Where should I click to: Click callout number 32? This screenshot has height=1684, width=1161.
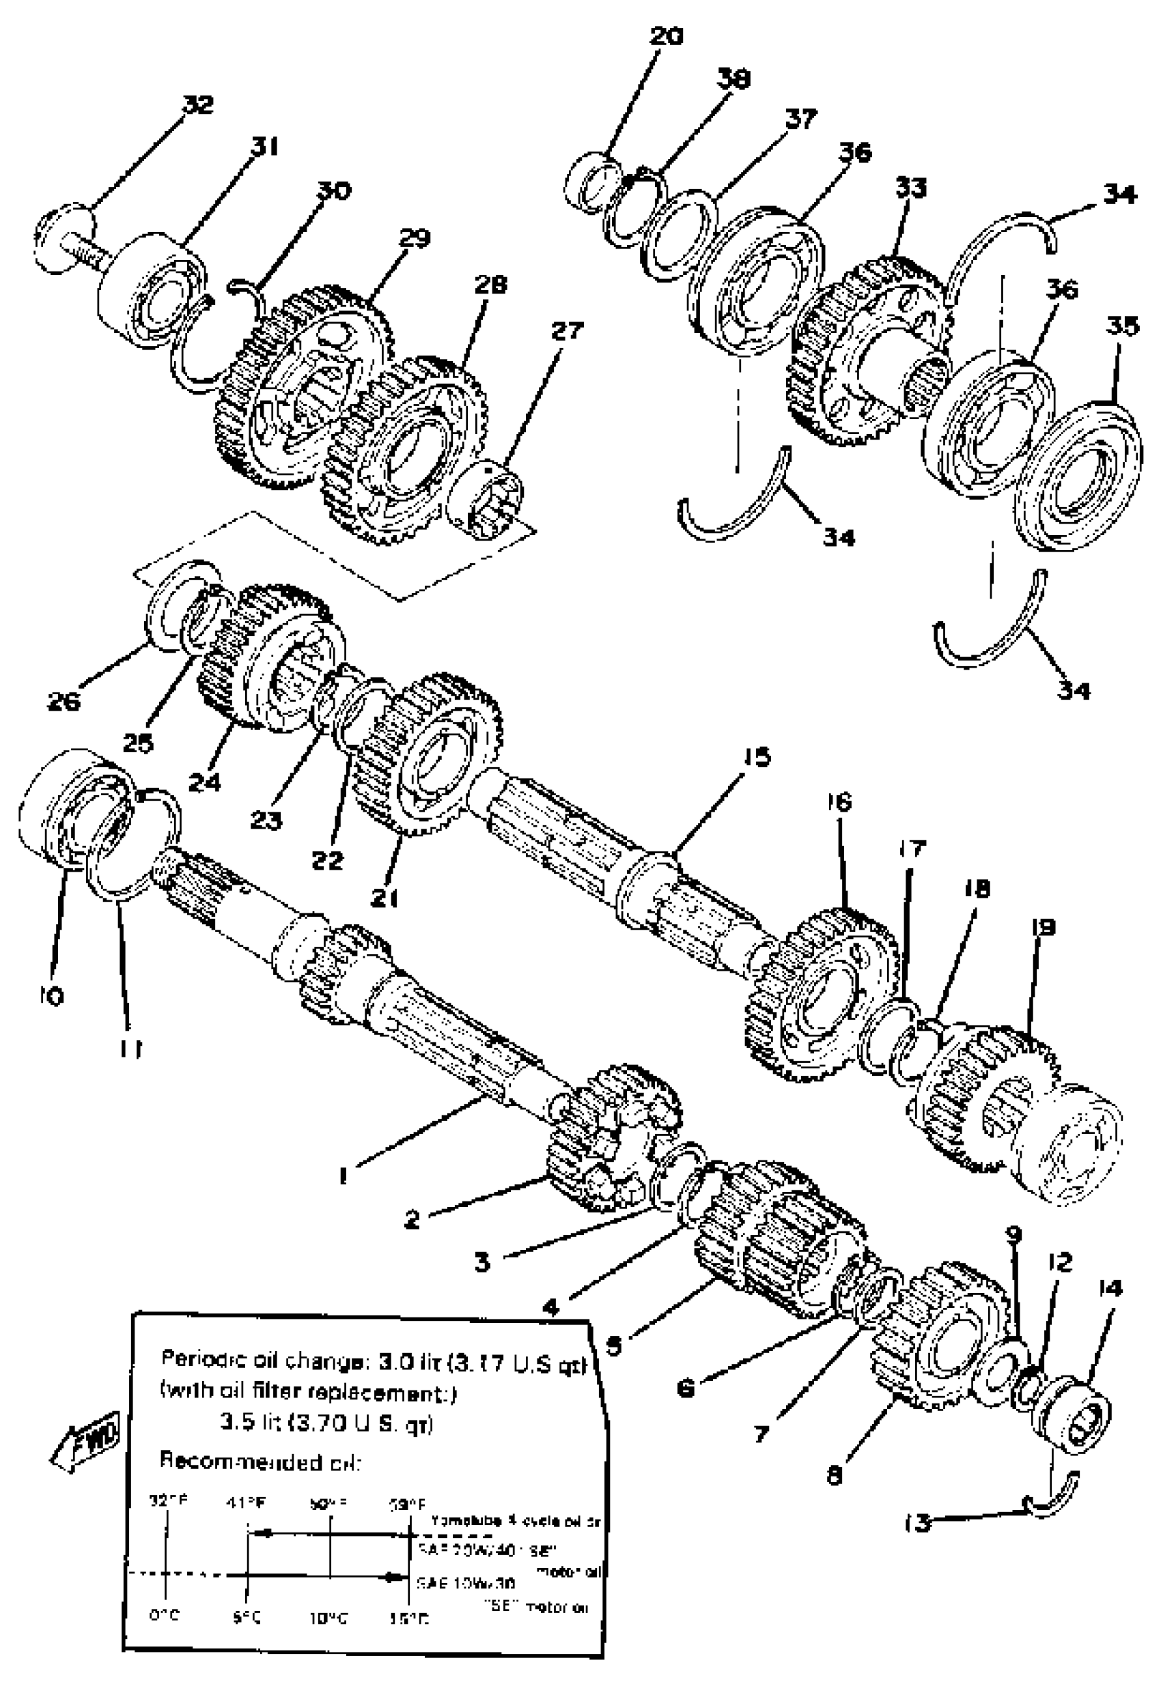tap(197, 104)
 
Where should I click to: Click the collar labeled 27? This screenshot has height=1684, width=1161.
tap(484, 502)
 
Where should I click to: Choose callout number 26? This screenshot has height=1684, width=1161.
tap(64, 701)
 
